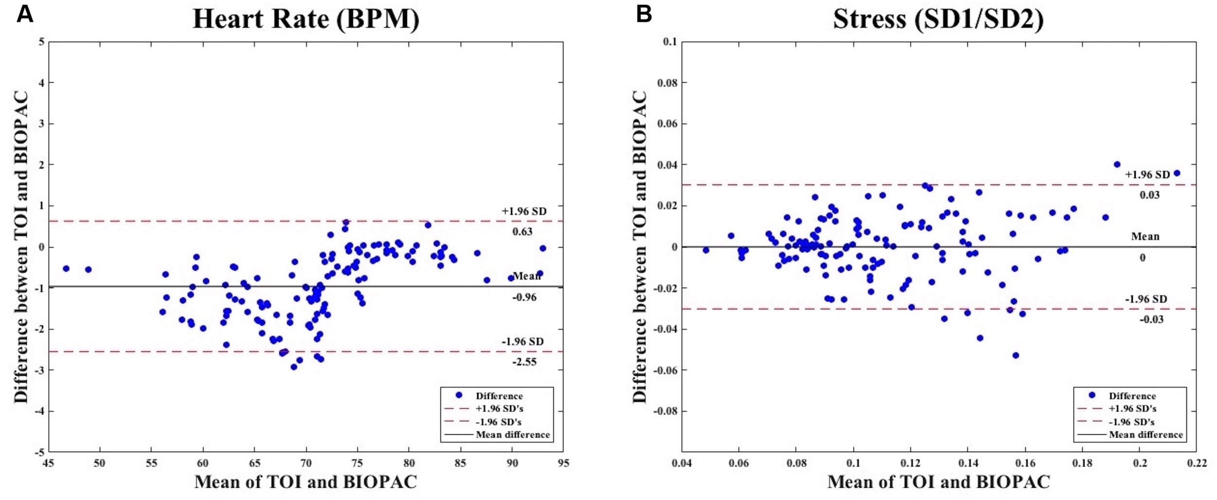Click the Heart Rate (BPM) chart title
306,19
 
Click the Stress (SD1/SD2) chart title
938,19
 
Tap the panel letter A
24,14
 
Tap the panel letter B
644,14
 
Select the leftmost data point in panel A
66,269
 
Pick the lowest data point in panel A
294,367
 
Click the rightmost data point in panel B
1177,173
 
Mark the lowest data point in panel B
1015,355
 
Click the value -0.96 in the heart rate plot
524,297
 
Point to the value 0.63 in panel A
522,232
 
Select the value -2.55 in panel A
524,362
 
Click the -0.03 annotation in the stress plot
1151,319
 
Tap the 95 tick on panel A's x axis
563,463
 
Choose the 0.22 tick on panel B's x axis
1197,463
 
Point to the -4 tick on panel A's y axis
40,411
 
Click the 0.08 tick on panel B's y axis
667,83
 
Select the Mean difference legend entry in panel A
512,435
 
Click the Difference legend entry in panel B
1132,396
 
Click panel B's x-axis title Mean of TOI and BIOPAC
938,482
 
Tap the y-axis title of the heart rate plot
20,247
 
